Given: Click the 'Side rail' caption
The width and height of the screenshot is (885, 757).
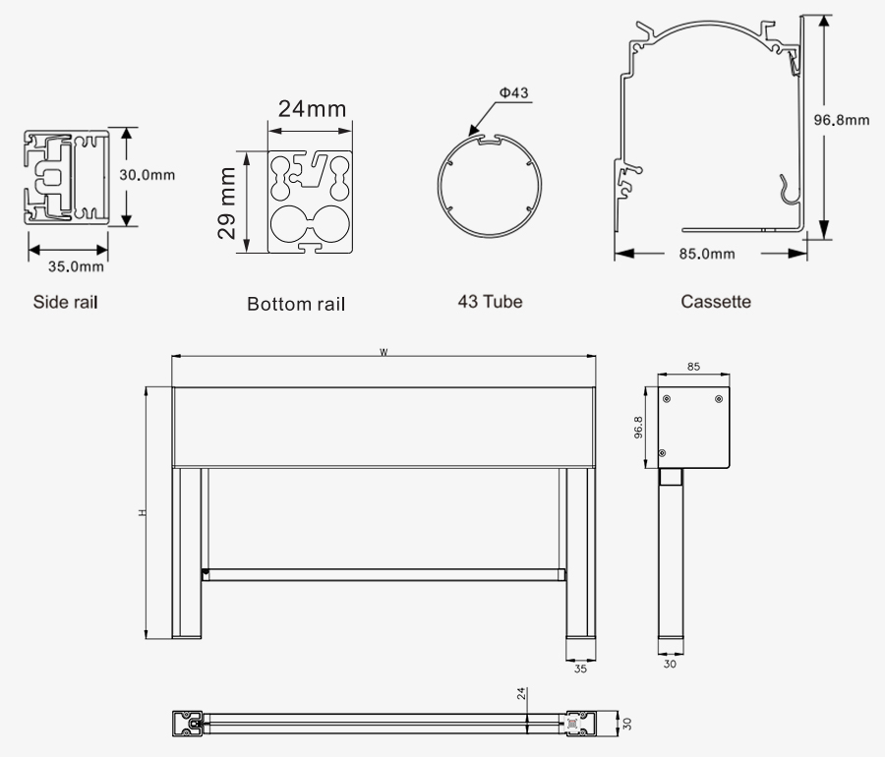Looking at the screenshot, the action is pos(66,302).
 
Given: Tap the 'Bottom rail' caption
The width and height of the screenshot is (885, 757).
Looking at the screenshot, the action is pos(296,304).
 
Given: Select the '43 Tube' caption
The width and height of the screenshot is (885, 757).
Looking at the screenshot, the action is pos(490,301).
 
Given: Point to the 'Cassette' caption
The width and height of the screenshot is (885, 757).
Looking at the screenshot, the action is pos(716,301).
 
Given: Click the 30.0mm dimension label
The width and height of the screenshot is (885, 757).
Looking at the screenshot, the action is pos(147,175).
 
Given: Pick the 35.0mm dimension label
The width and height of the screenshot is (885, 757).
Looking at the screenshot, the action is pos(76,266).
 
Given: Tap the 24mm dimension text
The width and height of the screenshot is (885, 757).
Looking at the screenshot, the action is pos(312,109).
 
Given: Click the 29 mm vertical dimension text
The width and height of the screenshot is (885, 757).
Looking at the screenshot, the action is pos(227,204).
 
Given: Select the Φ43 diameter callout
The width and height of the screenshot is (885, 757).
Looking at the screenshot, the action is pos(513,92).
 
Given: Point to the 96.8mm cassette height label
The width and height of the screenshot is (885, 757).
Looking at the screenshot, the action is pos(841,120).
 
